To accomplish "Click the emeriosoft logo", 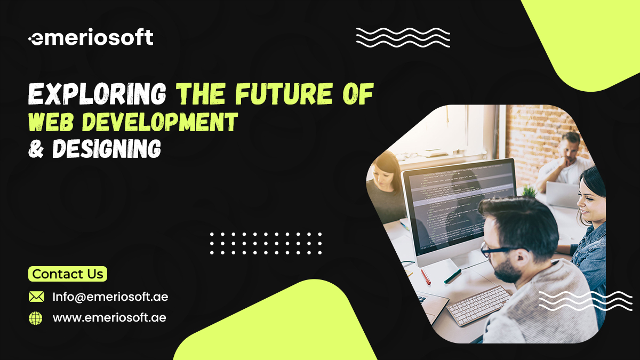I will coord(91,38).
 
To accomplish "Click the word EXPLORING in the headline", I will coord(97,95).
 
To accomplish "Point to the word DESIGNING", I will coord(106,148).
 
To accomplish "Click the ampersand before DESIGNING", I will coord(36,149).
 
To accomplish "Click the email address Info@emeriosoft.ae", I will coord(110,297).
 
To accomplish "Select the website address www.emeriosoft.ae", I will coord(109,318).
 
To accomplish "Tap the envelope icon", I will coord(36,297).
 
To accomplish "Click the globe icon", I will coord(36,318).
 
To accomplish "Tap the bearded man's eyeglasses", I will coord(499,249).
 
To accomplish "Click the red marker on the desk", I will coord(426,276).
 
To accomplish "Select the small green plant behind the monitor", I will coord(529,190).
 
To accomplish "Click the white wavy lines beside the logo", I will coord(403,37).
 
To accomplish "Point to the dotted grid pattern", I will coord(266,243).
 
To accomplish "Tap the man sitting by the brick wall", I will coord(568,160).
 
